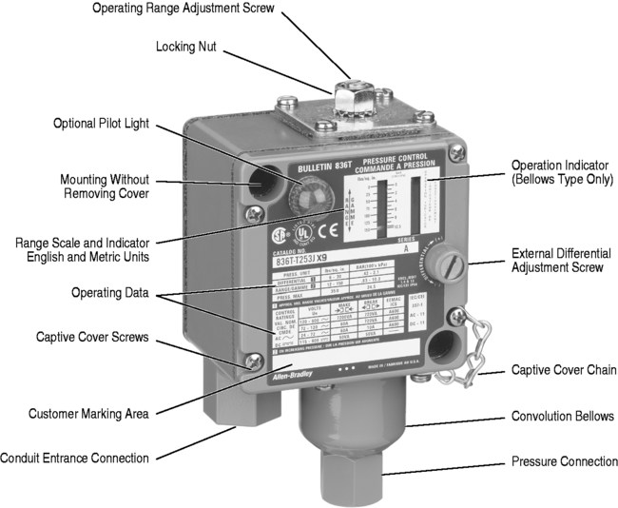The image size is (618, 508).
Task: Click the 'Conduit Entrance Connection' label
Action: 74,458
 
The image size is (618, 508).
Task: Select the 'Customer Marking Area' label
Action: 87,414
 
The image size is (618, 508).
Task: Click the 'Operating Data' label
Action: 107,292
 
